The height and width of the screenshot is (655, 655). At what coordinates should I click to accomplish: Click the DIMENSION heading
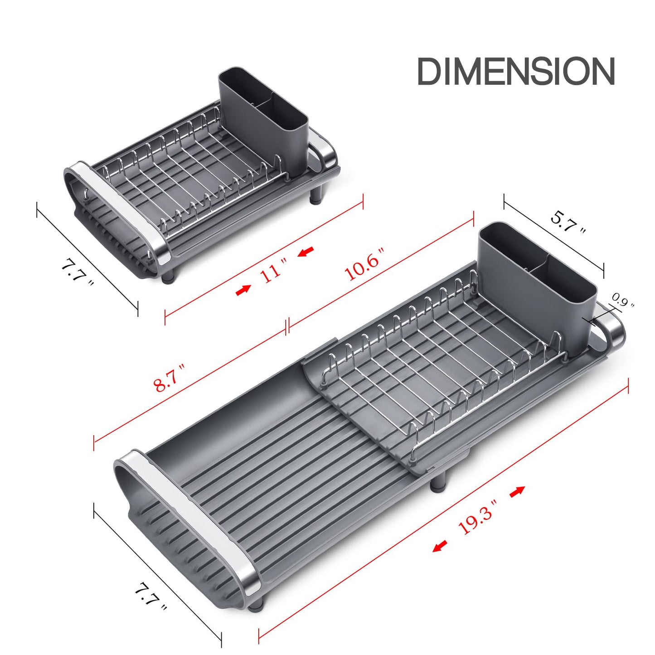[515, 71]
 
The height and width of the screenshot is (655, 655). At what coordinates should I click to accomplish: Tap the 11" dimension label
[274, 272]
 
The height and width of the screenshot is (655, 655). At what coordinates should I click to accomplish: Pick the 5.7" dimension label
[568, 222]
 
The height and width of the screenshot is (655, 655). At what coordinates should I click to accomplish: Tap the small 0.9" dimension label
[623, 300]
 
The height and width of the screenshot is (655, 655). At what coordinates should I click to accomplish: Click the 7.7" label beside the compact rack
[77, 272]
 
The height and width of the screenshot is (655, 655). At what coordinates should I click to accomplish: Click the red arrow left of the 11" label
[243, 290]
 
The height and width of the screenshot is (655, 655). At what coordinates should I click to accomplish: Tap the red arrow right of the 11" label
[306, 251]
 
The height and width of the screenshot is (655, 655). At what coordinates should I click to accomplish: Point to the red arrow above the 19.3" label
[517, 491]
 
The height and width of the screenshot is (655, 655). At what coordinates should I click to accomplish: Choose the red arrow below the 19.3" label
[440, 546]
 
